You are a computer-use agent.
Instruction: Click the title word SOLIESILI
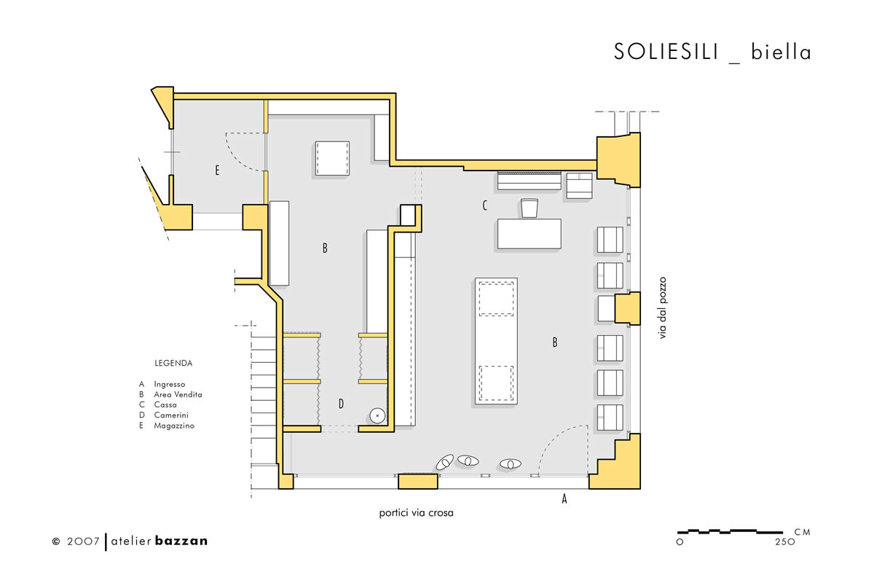click(x=666, y=52)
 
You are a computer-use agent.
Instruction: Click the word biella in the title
click(x=781, y=52)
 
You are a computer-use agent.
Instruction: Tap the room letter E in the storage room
click(x=217, y=170)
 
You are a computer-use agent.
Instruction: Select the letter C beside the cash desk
click(x=485, y=205)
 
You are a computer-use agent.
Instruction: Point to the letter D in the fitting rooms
click(x=341, y=404)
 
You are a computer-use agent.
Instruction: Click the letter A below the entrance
click(x=564, y=498)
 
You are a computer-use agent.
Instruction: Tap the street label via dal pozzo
click(x=663, y=308)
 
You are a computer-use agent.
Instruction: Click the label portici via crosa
click(x=417, y=513)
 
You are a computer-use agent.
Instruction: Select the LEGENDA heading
click(x=173, y=363)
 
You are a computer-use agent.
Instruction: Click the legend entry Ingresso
click(x=170, y=384)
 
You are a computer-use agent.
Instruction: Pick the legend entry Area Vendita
click(x=178, y=394)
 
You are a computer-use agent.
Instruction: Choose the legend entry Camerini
click(x=171, y=415)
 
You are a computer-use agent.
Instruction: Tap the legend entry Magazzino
click(x=174, y=426)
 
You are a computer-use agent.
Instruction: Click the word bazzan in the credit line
click(x=181, y=541)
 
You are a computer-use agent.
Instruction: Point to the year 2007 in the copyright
click(x=83, y=541)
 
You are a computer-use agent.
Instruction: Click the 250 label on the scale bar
click(x=785, y=542)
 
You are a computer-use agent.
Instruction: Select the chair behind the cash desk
click(x=529, y=208)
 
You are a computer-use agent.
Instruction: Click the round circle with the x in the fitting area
click(x=377, y=416)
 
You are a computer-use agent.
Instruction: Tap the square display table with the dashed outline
click(x=332, y=159)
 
